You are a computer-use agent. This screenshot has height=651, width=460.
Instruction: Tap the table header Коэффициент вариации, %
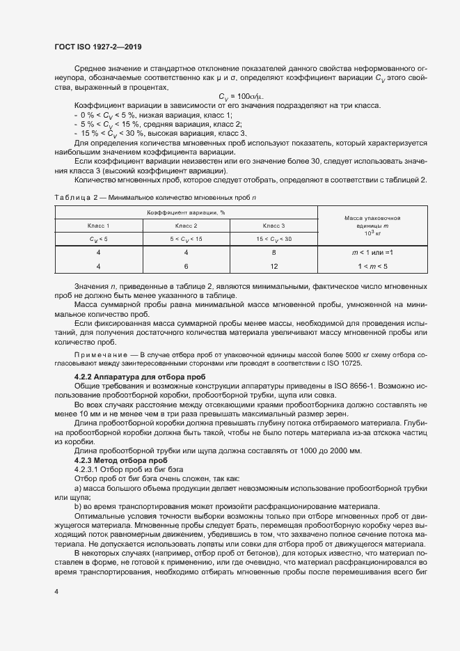(x=186, y=212)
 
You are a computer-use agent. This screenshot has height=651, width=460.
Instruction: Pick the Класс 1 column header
(x=98, y=226)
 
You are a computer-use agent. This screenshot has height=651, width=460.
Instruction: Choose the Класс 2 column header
(x=186, y=226)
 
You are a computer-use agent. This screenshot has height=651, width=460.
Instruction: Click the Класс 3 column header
(x=273, y=226)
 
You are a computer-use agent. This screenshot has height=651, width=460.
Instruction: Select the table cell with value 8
(x=273, y=253)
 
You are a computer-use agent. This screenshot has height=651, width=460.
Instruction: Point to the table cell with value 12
(x=273, y=267)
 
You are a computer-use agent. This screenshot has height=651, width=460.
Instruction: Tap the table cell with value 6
(x=186, y=267)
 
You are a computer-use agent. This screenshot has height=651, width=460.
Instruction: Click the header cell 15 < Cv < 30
(x=273, y=240)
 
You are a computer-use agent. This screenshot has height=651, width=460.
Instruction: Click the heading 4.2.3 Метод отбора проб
(x=116, y=460)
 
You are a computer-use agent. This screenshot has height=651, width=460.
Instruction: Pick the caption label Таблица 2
(x=73, y=198)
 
